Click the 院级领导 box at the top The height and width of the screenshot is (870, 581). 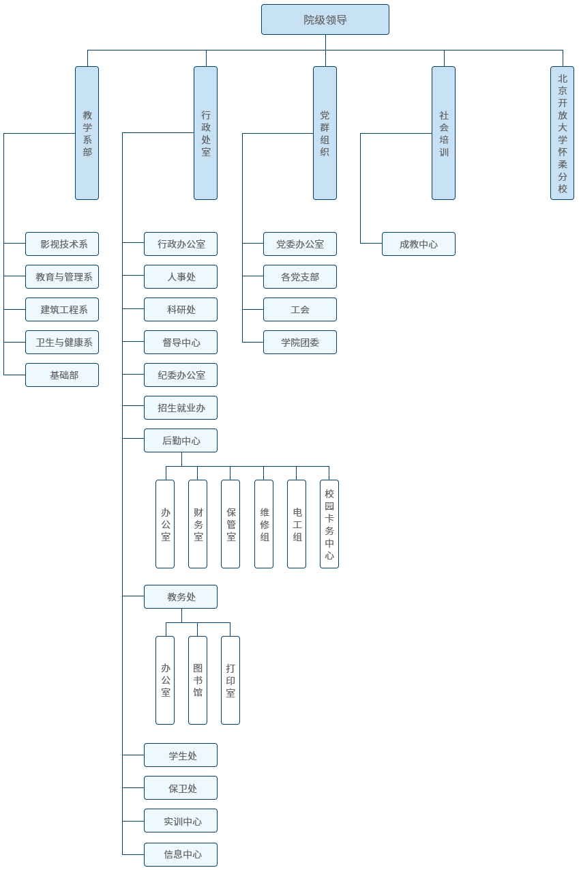pyautogui.click(x=325, y=20)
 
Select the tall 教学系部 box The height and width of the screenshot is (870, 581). pyautogui.click(x=87, y=133)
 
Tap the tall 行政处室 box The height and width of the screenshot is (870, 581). pyautogui.click(x=206, y=133)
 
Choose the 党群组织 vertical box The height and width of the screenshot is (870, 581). pyautogui.click(x=325, y=133)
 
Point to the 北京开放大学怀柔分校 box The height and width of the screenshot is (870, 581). pyautogui.click(x=563, y=133)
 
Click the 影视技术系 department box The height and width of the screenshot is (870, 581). pyautogui.click(x=62, y=244)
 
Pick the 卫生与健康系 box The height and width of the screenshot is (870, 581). pyautogui.click(x=62, y=343)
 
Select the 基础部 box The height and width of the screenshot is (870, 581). pyautogui.click(x=62, y=375)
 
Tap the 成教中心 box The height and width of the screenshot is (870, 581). pyautogui.click(x=419, y=244)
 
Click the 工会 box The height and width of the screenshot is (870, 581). pyautogui.click(x=300, y=310)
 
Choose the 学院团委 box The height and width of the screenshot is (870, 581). pyautogui.click(x=300, y=343)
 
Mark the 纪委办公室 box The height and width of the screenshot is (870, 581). pyautogui.click(x=181, y=375)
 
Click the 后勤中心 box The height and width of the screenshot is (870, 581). pyautogui.click(x=181, y=441)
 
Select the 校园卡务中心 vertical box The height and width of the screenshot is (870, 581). pyautogui.click(x=329, y=524)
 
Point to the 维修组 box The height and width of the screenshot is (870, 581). pyautogui.click(x=264, y=524)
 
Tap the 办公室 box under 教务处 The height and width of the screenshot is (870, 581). pyautogui.click(x=165, y=680)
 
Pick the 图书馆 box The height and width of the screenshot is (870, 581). pyautogui.click(x=198, y=680)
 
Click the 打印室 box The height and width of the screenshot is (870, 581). pyautogui.click(x=230, y=680)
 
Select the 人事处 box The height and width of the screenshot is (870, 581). pyautogui.click(x=181, y=277)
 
